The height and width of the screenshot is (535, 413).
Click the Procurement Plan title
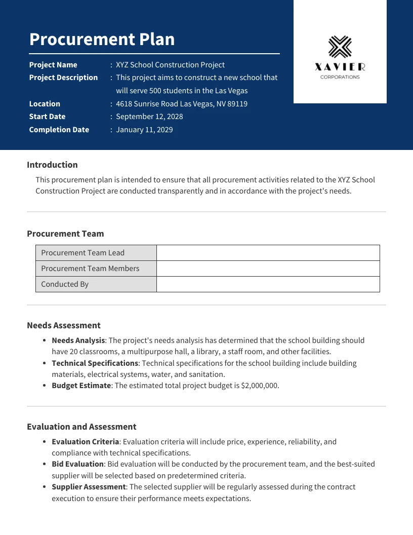(102, 40)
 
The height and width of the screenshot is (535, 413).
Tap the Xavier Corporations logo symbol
(340, 47)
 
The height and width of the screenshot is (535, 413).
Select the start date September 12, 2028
(149, 117)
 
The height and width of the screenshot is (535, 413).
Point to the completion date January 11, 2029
(144, 130)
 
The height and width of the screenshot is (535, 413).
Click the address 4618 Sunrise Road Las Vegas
(182, 104)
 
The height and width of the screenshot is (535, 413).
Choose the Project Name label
(53, 65)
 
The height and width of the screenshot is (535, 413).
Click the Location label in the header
(45, 104)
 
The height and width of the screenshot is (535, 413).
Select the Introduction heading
(52, 165)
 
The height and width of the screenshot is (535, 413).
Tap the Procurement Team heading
(65, 234)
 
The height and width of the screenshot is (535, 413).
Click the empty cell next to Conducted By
(268, 284)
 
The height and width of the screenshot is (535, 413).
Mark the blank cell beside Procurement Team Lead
(268, 253)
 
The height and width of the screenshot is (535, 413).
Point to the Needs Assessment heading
(64, 325)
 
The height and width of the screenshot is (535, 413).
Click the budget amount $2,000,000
(260, 386)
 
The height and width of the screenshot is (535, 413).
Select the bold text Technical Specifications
(95, 363)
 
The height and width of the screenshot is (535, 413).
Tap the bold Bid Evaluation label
(78, 464)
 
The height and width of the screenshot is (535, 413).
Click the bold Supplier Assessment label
(89, 487)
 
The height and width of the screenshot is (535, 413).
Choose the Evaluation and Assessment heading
(81, 427)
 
